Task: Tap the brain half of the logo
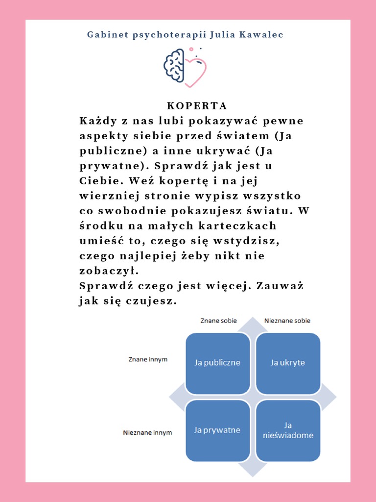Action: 174,65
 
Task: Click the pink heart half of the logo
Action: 195,73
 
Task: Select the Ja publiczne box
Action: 217,363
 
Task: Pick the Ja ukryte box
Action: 288,363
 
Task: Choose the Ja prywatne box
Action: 217,430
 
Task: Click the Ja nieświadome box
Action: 288,430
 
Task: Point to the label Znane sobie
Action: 218,321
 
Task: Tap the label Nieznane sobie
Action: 287,321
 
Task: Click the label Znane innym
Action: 148,359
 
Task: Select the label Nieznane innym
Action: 147,433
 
